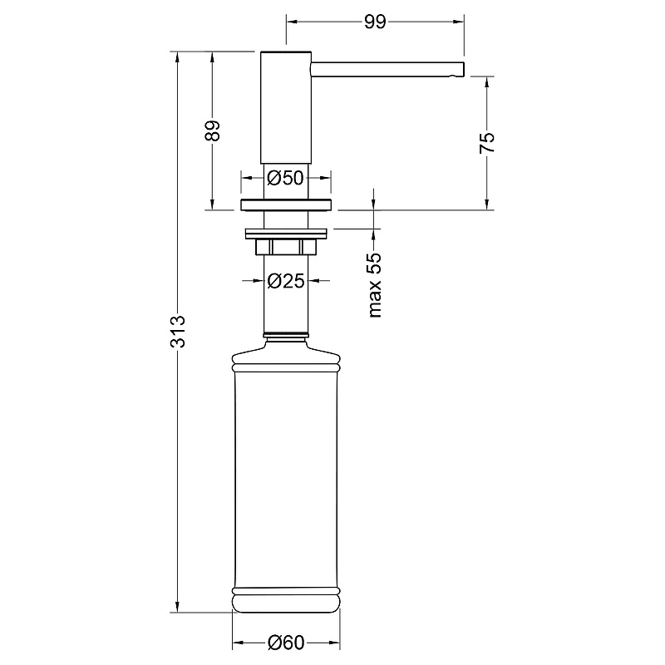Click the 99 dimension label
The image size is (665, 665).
(375, 22)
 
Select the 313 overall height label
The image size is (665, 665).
(178, 331)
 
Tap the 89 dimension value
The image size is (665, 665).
(213, 131)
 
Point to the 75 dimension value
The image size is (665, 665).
(487, 142)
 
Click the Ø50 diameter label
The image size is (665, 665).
(286, 178)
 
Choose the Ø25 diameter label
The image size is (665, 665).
(286, 281)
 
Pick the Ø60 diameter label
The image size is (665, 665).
(286, 643)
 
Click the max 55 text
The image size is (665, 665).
(376, 285)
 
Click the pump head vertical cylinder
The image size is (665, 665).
(286, 107)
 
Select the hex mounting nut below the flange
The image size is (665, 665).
(286, 247)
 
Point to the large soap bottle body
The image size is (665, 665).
(286, 480)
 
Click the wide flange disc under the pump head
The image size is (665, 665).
(286, 204)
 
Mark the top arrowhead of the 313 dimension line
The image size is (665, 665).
(178, 57)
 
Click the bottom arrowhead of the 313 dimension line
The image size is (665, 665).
(178, 607)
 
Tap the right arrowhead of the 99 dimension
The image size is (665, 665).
(459, 22)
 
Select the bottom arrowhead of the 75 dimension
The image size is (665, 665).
(487, 204)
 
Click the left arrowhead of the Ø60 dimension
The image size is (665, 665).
(238, 643)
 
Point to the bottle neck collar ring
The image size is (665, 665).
(286, 336)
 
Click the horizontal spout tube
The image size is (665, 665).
(388, 70)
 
